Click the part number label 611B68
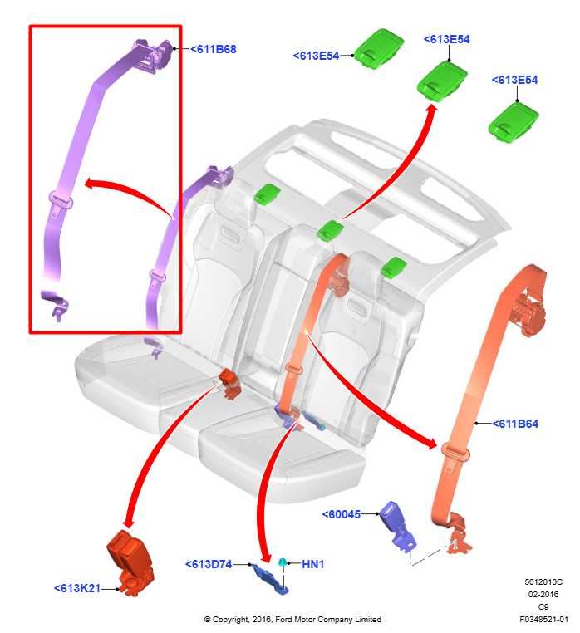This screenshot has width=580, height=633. tap(214, 49)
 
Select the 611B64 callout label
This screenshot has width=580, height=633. tap(516, 424)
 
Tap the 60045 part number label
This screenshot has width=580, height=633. tap(342, 514)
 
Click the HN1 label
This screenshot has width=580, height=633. tap(312, 565)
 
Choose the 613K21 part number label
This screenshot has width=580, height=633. tap(77, 588)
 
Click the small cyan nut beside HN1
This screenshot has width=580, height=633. tap(283, 563)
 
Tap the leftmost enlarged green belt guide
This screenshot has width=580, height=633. tap(380, 47)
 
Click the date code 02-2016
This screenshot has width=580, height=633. tap(543, 594)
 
